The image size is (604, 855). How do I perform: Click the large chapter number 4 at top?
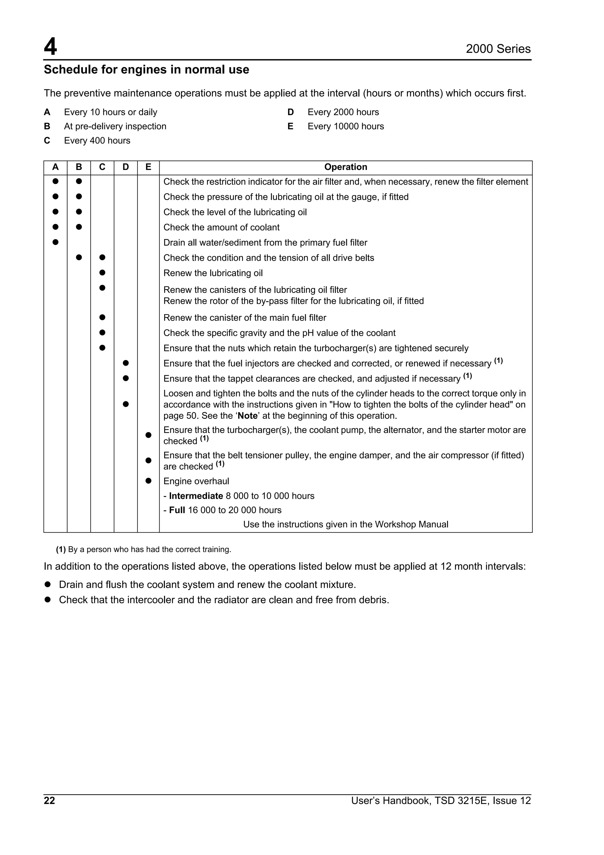[x=51, y=47]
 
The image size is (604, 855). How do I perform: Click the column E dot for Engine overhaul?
[x=148, y=481]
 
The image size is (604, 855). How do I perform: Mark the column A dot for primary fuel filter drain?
[x=55, y=242]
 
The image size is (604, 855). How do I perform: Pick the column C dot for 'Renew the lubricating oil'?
[x=102, y=273]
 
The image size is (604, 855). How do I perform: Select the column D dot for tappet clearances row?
[x=126, y=378]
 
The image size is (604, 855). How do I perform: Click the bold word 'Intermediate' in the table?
[x=196, y=496]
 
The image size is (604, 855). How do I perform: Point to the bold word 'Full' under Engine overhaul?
[x=177, y=510]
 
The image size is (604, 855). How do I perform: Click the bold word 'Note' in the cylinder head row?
[x=247, y=416]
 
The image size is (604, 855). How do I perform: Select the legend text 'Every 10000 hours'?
[x=345, y=126]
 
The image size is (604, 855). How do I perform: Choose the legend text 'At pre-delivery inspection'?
[x=115, y=126]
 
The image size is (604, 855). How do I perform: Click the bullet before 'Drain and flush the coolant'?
[x=47, y=585]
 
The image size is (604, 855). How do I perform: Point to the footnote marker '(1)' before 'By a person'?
[x=61, y=550]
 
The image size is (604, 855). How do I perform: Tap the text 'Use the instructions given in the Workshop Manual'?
[x=345, y=524]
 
